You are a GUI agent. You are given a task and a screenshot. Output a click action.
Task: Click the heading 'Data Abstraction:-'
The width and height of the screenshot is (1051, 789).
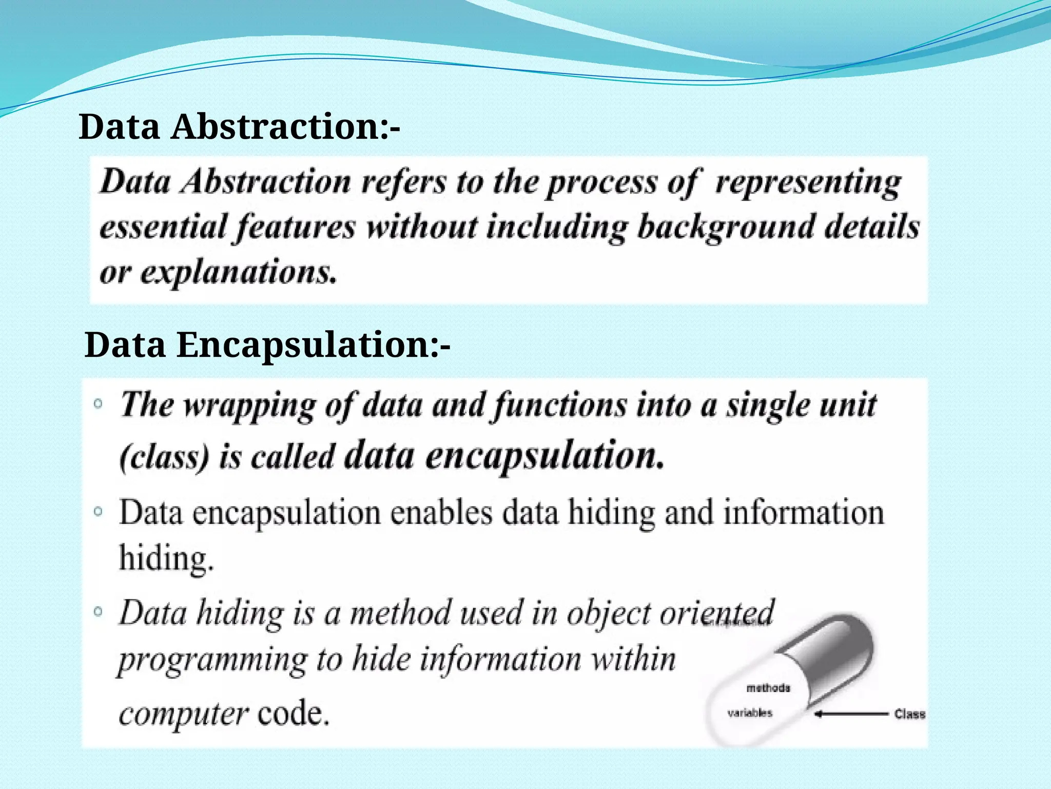[x=239, y=127]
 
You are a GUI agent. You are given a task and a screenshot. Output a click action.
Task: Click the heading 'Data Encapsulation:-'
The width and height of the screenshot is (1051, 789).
[x=267, y=345]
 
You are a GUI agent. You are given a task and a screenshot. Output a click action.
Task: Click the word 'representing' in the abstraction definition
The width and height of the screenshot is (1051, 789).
[x=808, y=183]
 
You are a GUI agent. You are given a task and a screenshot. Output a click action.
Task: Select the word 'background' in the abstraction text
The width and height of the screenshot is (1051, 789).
[x=725, y=227]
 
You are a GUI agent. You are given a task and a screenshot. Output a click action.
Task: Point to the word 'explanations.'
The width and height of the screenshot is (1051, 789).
[x=239, y=272]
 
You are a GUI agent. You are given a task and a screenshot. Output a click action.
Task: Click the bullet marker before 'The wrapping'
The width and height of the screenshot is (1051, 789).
[x=99, y=404]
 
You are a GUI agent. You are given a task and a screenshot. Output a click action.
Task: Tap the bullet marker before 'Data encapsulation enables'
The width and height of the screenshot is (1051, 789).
[x=99, y=511]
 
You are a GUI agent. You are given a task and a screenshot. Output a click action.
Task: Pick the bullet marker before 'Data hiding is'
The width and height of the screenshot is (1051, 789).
[x=99, y=611]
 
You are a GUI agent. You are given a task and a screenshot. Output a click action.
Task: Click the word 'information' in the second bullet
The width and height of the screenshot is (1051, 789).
[x=804, y=513]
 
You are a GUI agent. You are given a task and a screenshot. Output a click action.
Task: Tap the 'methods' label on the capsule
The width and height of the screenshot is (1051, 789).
[x=768, y=688]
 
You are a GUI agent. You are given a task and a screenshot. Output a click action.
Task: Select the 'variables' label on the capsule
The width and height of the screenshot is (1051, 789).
[x=749, y=713]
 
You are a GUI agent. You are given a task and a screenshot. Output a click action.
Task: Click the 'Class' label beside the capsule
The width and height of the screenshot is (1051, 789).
[x=909, y=714]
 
